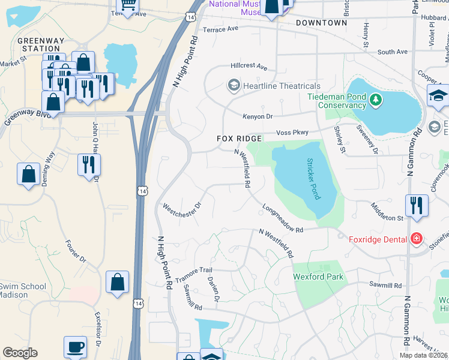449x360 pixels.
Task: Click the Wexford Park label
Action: click(318, 277)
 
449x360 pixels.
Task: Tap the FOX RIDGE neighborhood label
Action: click(239, 139)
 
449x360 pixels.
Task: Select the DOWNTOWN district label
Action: click(321, 23)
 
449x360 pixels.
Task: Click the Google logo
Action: click(20, 352)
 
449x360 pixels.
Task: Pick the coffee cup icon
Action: click(76, 347)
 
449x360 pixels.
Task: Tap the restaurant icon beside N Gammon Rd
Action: click(416, 205)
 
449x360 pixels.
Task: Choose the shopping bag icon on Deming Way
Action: click(28, 175)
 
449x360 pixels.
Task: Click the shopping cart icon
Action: click(127, 6)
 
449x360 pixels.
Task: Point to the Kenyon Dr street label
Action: click(258, 116)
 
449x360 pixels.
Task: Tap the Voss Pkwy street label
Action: click(291, 132)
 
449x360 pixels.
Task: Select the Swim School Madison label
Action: click(23, 290)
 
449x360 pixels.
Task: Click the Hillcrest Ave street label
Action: click(249, 67)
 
